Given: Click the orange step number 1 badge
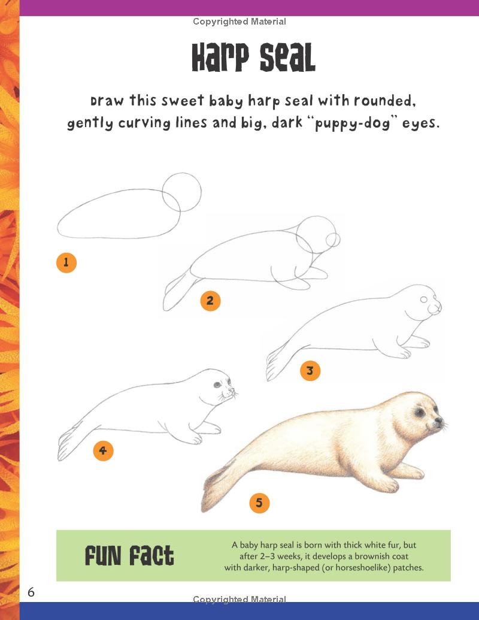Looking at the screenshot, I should coord(66,262).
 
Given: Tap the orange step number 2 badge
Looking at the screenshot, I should coord(210,301).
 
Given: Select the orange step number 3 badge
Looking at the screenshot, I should coord(310,371).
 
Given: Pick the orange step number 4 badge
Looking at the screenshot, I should coord(103,450).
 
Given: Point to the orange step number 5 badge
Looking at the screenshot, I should coord(259,503).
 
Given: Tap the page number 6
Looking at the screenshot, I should coord(31,592).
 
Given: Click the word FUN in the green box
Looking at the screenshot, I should coord(105,557).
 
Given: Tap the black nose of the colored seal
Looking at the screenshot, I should coord(439,419).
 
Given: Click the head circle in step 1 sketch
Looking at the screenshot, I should coord(182,192).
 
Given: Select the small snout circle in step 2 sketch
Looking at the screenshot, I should coord(334,240).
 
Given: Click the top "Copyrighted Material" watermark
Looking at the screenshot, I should coord(239,22).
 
